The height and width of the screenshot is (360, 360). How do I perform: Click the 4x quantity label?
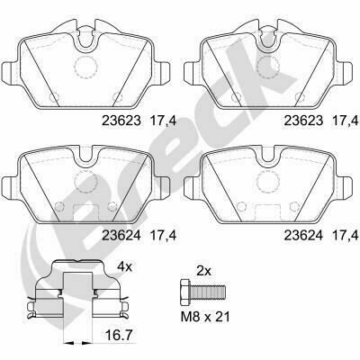click(124, 266)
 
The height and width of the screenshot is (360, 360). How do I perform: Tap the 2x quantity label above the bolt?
click(203, 271)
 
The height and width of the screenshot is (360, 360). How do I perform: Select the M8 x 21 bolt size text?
click(205, 317)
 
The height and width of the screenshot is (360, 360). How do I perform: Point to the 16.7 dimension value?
click(120, 335)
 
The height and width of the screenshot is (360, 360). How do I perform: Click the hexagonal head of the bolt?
click(184, 291)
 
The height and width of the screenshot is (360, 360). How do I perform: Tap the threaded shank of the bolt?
click(207, 292)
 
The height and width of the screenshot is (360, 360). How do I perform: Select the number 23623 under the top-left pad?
click(121, 121)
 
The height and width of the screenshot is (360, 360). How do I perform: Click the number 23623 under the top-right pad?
click(303, 121)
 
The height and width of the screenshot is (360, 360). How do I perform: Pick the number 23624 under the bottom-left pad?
click(121, 236)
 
